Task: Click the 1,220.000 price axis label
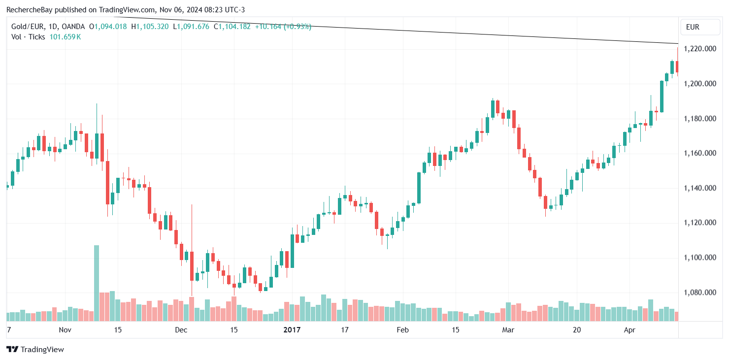[x=700, y=49]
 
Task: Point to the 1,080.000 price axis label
[x=700, y=293]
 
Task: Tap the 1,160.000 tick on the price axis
[x=700, y=153]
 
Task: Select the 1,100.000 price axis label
[x=700, y=258]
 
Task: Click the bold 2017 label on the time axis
[x=292, y=329]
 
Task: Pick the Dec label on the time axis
[x=181, y=329]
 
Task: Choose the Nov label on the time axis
[x=65, y=329]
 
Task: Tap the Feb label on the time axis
[x=403, y=329]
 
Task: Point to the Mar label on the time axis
[x=508, y=329]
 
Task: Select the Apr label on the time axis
[x=630, y=329]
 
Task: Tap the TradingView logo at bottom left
[x=35, y=349]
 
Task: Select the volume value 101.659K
[x=65, y=36]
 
